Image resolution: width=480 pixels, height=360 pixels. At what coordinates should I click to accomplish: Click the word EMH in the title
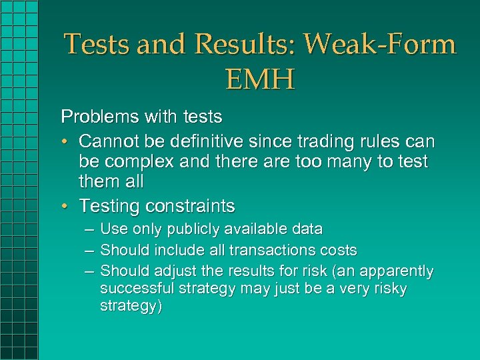click(259, 80)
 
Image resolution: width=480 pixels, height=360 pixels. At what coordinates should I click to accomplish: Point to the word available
click(257, 229)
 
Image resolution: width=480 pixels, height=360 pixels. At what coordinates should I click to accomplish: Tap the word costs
click(338, 251)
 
